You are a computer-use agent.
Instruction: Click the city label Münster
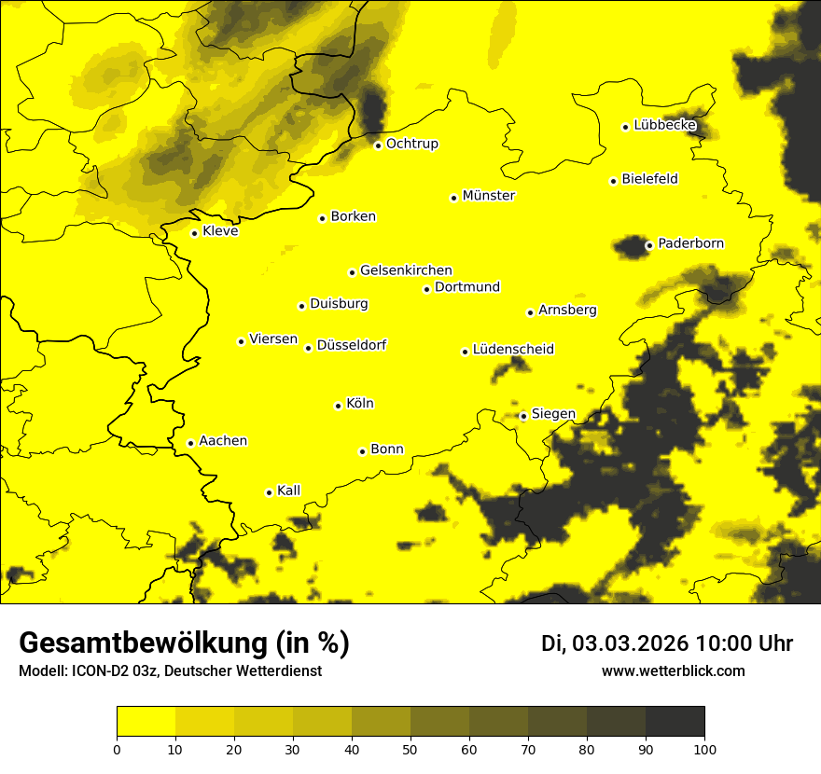(488, 196)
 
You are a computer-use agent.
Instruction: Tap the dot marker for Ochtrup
(378, 145)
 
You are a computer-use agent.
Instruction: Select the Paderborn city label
(690, 243)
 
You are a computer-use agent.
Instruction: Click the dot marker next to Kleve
(194, 233)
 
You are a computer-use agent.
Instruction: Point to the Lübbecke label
(664, 125)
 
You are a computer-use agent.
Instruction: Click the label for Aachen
(222, 440)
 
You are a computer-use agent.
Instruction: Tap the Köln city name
(359, 404)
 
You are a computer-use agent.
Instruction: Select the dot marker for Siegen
(523, 416)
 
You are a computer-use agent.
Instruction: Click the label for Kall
(288, 491)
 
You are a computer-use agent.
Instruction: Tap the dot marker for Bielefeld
(613, 181)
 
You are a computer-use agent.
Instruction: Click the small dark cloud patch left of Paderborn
(630, 246)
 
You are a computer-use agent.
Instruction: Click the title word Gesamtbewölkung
(145, 643)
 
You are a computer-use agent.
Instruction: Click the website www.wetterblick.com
(673, 671)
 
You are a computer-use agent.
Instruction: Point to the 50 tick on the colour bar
(410, 749)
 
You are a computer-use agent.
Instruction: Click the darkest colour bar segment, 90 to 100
(675, 721)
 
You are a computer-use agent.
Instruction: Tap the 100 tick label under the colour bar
(703, 749)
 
